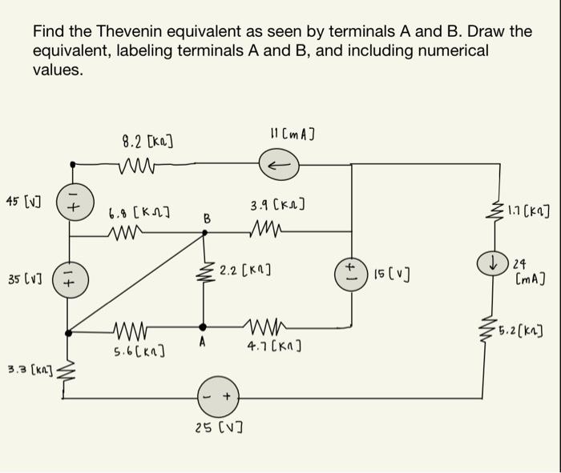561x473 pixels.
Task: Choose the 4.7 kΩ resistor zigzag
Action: coord(264,327)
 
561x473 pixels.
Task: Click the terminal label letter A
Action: coord(203,343)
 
